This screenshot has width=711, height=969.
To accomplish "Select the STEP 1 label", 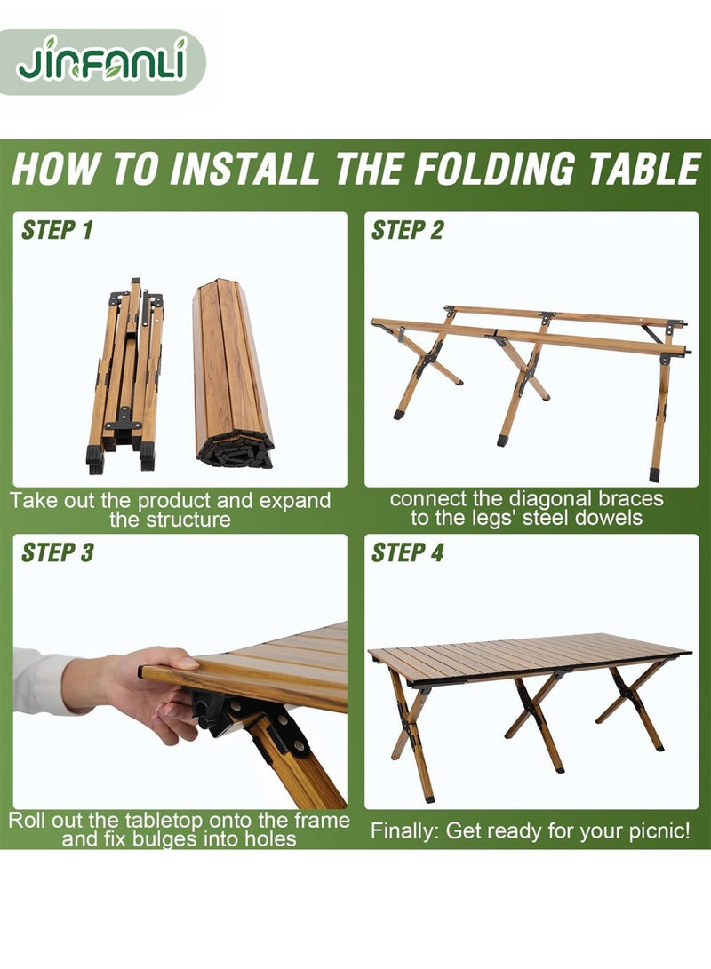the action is (x=57, y=230).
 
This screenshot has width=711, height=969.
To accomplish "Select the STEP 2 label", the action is (x=407, y=230).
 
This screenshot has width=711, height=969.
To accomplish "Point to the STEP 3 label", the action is (x=58, y=552).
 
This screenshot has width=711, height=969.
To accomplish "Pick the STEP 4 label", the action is (x=407, y=552).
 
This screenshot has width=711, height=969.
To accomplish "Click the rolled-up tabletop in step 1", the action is (x=233, y=374).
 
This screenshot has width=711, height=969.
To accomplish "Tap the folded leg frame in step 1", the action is (x=125, y=376).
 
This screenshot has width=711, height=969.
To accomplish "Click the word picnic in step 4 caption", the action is (x=659, y=831).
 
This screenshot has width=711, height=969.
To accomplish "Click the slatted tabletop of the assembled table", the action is (x=529, y=656).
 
